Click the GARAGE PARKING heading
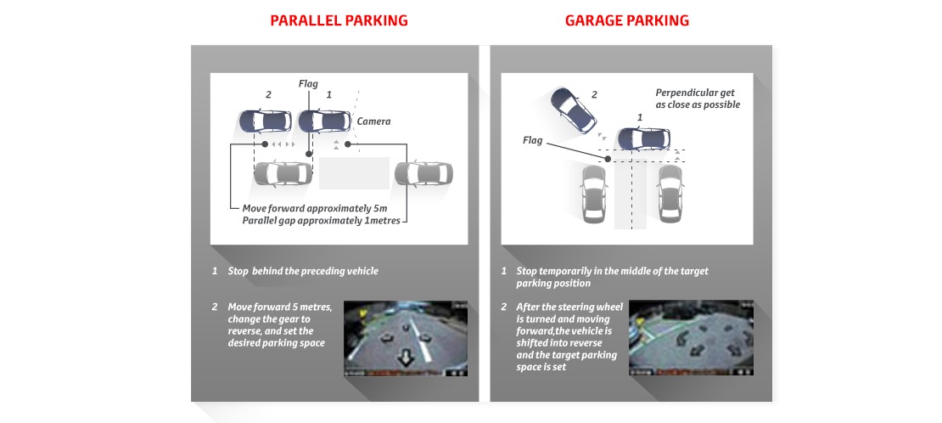pyautogui.click(x=626, y=20)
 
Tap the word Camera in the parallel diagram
pyautogui.click(x=373, y=121)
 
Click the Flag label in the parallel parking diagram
pyautogui.click(x=308, y=84)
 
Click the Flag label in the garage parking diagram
pyautogui.click(x=532, y=140)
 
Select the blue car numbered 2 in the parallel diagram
pyautogui.click(x=261, y=121)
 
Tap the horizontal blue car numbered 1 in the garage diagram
pyautogui.click(x=643, y=138)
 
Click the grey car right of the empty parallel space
pyautogui.click(x=424, y=173)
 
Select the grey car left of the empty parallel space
pyautogui.click(x=282, y=172)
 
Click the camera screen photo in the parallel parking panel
pyautogui.click(x=406, y=338)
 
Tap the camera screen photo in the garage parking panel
pyautogui.click(x=691, y=338)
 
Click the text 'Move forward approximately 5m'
pyautogui.click(x=311, y=209)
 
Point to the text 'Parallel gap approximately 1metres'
pyautogui.click(x=321, y=221)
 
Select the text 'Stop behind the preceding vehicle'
pyautogui.click(x=303, y=271)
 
